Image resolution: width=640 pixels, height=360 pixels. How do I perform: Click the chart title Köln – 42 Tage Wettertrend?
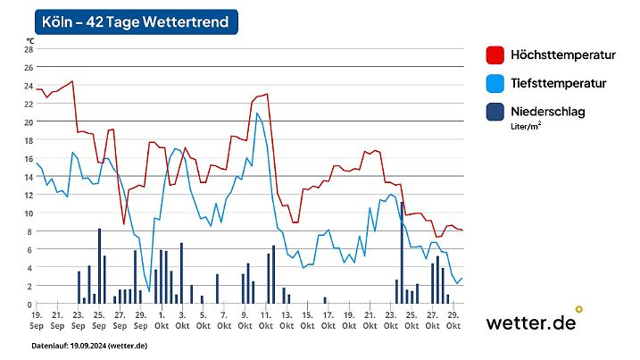(137, 21)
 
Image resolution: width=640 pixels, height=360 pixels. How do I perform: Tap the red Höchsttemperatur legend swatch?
(495, 55)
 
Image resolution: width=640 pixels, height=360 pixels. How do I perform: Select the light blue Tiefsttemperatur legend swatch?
(495, 84)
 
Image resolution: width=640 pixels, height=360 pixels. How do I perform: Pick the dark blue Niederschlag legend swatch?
(495, 113)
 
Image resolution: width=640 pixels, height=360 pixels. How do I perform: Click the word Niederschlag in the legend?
(552, 112)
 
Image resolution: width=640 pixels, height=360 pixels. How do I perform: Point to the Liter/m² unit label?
(526, 127)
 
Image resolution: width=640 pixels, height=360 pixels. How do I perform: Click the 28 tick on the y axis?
(28, 49)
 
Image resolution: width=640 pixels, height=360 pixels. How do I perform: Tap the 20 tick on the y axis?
(28, 121)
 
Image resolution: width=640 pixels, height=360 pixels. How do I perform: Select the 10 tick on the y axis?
(28, 213)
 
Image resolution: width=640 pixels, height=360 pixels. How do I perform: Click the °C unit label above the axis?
(29, 40)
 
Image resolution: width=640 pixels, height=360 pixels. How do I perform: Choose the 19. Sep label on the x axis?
(37, 320)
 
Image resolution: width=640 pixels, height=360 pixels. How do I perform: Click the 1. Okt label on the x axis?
(161, 320)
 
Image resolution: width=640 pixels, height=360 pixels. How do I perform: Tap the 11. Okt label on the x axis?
(264, 320)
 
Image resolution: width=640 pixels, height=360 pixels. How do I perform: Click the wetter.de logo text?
(530, 322)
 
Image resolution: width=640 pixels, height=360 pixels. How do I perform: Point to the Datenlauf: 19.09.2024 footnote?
(89, 345)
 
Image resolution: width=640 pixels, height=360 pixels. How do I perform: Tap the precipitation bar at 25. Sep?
(99, 266)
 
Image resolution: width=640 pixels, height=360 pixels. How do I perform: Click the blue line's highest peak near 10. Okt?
(257, 113)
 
